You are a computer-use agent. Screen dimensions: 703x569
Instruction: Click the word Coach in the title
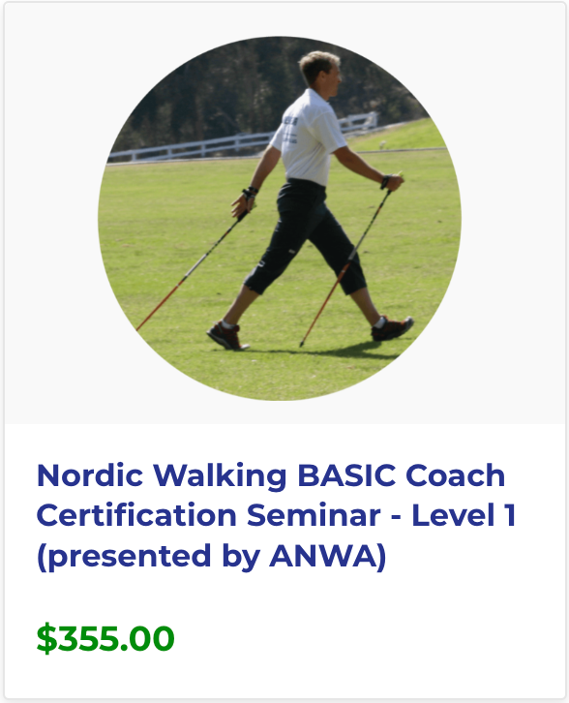[x=457, y=475]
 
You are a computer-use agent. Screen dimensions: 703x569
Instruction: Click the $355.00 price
[x=105, y=639]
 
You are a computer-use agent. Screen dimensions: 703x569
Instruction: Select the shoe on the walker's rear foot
[x=393, y=328]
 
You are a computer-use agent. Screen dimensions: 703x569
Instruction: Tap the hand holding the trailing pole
[x=391, y=181]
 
